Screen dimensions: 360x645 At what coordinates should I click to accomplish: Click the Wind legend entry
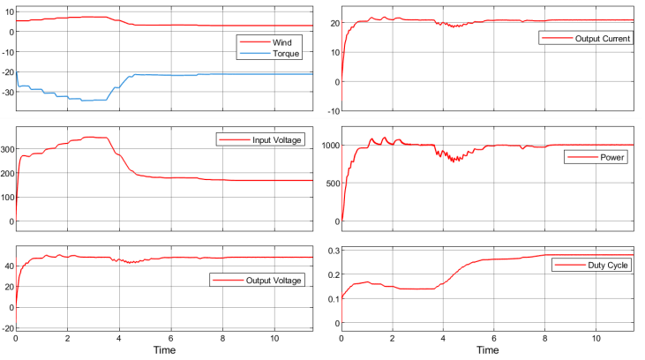(x=281, y=41)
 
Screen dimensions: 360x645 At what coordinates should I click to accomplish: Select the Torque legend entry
(x=285, y=53)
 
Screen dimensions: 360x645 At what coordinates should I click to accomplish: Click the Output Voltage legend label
(x=273, y=280)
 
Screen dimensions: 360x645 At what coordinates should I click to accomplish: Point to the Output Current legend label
(x=603, y=39)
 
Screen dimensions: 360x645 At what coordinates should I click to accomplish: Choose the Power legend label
(x=612, y=157)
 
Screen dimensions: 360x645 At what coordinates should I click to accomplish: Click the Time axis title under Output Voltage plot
(x=163, y=350)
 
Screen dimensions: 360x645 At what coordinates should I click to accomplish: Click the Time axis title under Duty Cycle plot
(x=488, y=350)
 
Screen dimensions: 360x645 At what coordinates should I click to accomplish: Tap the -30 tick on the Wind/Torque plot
(x=7, y=92)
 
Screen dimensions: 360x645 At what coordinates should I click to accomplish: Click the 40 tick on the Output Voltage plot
(x=8, y=265)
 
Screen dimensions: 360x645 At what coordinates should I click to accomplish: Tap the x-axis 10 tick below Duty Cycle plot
(x=596, y=338)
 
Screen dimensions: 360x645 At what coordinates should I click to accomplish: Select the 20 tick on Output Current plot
(x=333, y=23)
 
